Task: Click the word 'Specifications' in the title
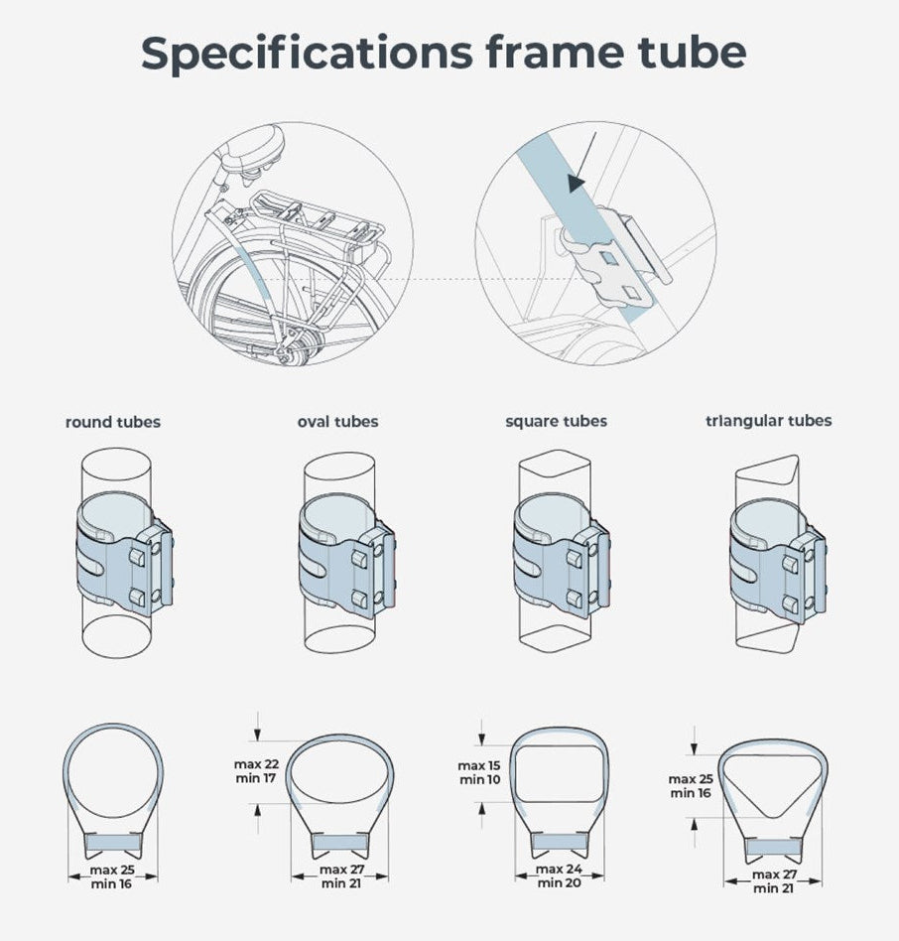tap(307, 53)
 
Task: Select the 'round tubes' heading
tap(113, 422)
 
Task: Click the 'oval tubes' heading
tap(337, 422)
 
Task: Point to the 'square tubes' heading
tap(556, 421)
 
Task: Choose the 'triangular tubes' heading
tap(768, 421)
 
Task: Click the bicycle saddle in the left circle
tap(252, 150)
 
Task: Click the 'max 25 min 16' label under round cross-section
tap(111, 876)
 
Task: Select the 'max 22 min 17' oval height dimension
tap(256, 771)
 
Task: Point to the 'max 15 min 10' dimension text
tap(478, 772)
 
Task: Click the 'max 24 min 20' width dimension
tap(559, 875)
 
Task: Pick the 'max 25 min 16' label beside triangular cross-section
tap(691, 786)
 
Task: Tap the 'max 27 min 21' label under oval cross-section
tap(341, 876)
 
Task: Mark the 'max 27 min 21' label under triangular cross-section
tap(774, 881)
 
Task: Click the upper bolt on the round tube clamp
tap(137, 558)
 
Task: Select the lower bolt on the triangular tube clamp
tap(791, 603)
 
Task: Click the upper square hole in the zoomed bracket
tap(609, 258)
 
